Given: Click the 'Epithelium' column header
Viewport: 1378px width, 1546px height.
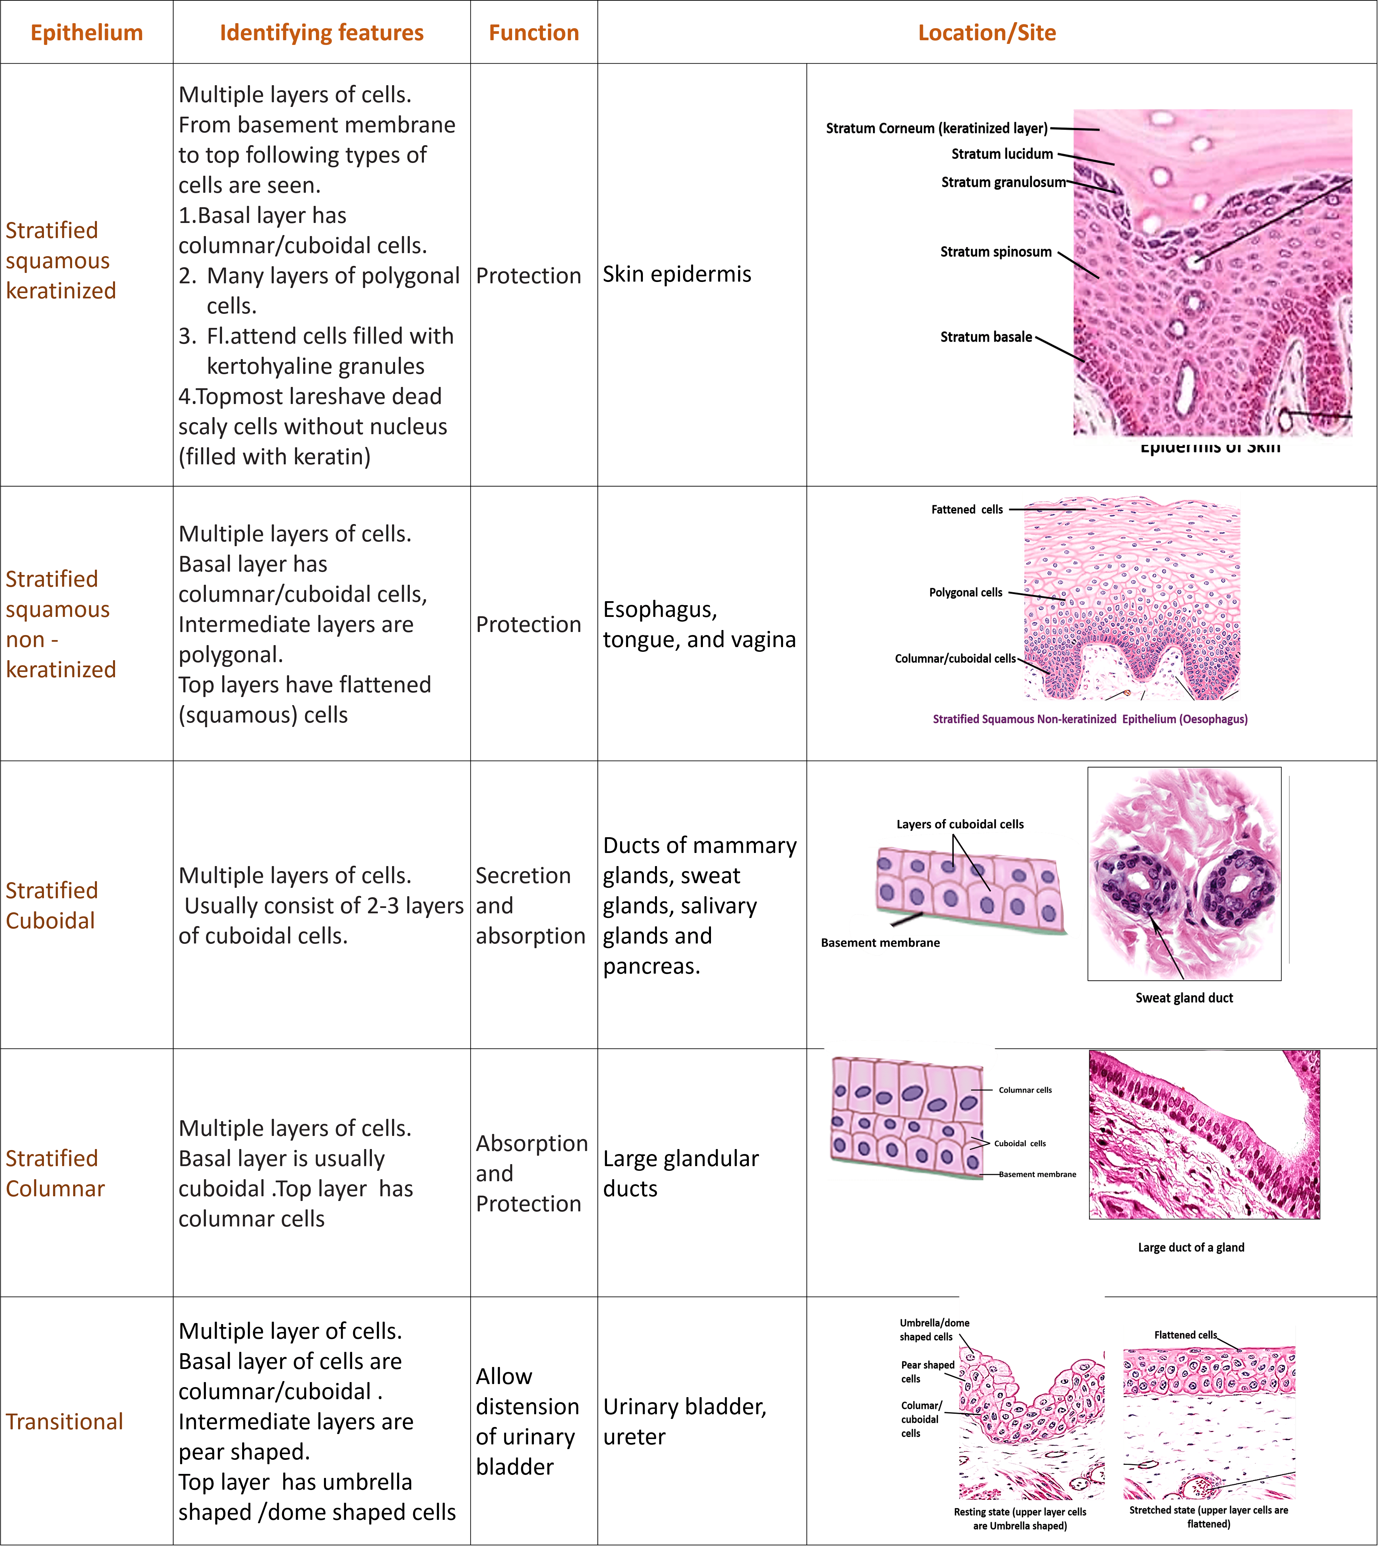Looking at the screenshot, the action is coord(86,33).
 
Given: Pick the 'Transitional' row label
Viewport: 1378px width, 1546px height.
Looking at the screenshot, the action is coord(64,1421).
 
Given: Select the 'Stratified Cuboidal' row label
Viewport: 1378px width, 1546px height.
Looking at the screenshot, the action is coord(52,906).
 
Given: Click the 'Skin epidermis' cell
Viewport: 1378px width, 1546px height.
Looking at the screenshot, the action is coord(677,274).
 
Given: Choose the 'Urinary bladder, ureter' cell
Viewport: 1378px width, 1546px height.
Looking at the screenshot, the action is coord(684,1421).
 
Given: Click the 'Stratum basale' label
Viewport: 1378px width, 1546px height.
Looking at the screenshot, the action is coord(986,337).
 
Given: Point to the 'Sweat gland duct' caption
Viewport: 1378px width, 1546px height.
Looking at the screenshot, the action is coord(1183,998).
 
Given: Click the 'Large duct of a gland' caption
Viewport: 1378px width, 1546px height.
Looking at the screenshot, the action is coord(1190,1247).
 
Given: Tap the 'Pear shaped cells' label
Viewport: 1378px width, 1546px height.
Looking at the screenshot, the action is coord(927,1371).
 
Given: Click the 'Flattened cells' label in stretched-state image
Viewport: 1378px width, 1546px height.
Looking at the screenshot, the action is coord(1185,1335).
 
